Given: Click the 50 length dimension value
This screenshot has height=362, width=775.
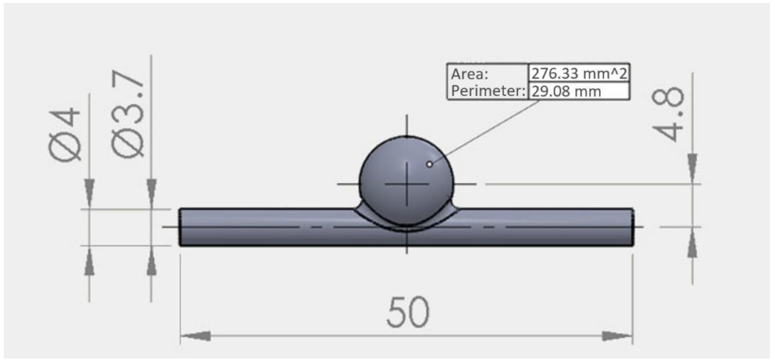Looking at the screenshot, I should pos(408,313).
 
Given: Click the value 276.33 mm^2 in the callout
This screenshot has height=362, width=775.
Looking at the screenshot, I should pos(579,73).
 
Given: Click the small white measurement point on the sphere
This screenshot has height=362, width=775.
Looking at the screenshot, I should pos(430,164).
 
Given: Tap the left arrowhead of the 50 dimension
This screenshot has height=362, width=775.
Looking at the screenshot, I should pos(196,336).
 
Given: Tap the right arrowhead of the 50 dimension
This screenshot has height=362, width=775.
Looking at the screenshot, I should pos(617,336).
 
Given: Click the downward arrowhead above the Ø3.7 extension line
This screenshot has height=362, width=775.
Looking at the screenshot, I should pos(151,191).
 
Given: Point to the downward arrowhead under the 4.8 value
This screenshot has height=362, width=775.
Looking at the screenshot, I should pos(693,166).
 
